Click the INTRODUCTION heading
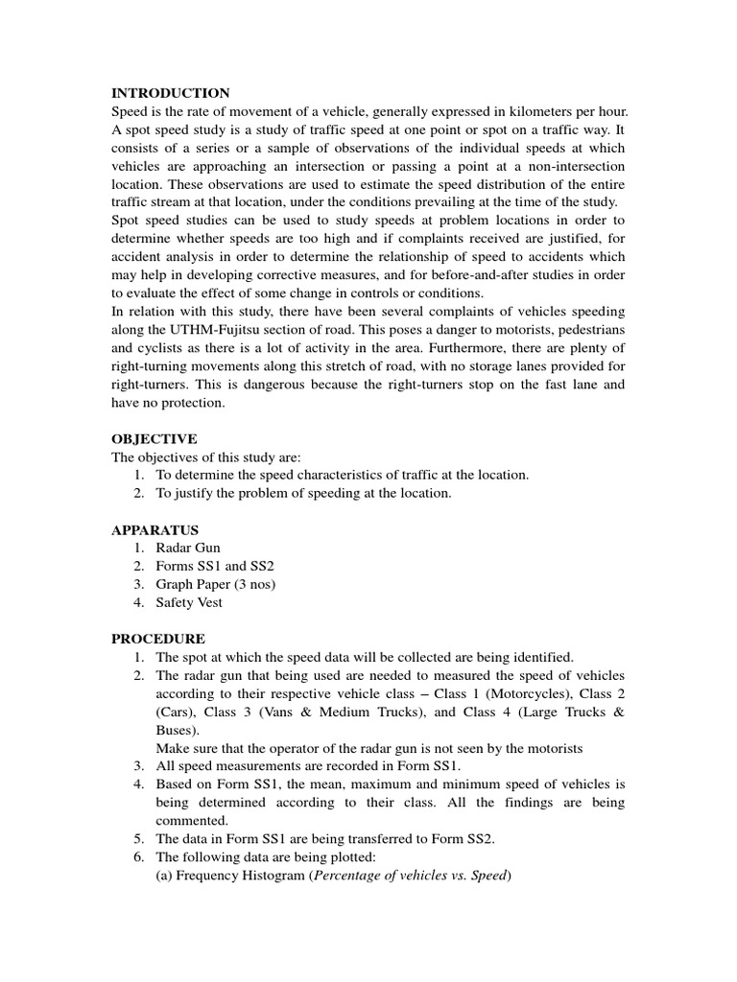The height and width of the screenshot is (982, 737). click(171, 93)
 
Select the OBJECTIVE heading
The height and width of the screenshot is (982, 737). click(155, 438)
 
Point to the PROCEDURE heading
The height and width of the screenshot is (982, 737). click(158, 639)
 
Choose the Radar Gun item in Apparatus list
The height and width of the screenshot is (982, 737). click(188, 548)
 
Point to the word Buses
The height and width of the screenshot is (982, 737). click(175, 730)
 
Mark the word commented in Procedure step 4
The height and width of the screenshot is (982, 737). click(192, 821)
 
